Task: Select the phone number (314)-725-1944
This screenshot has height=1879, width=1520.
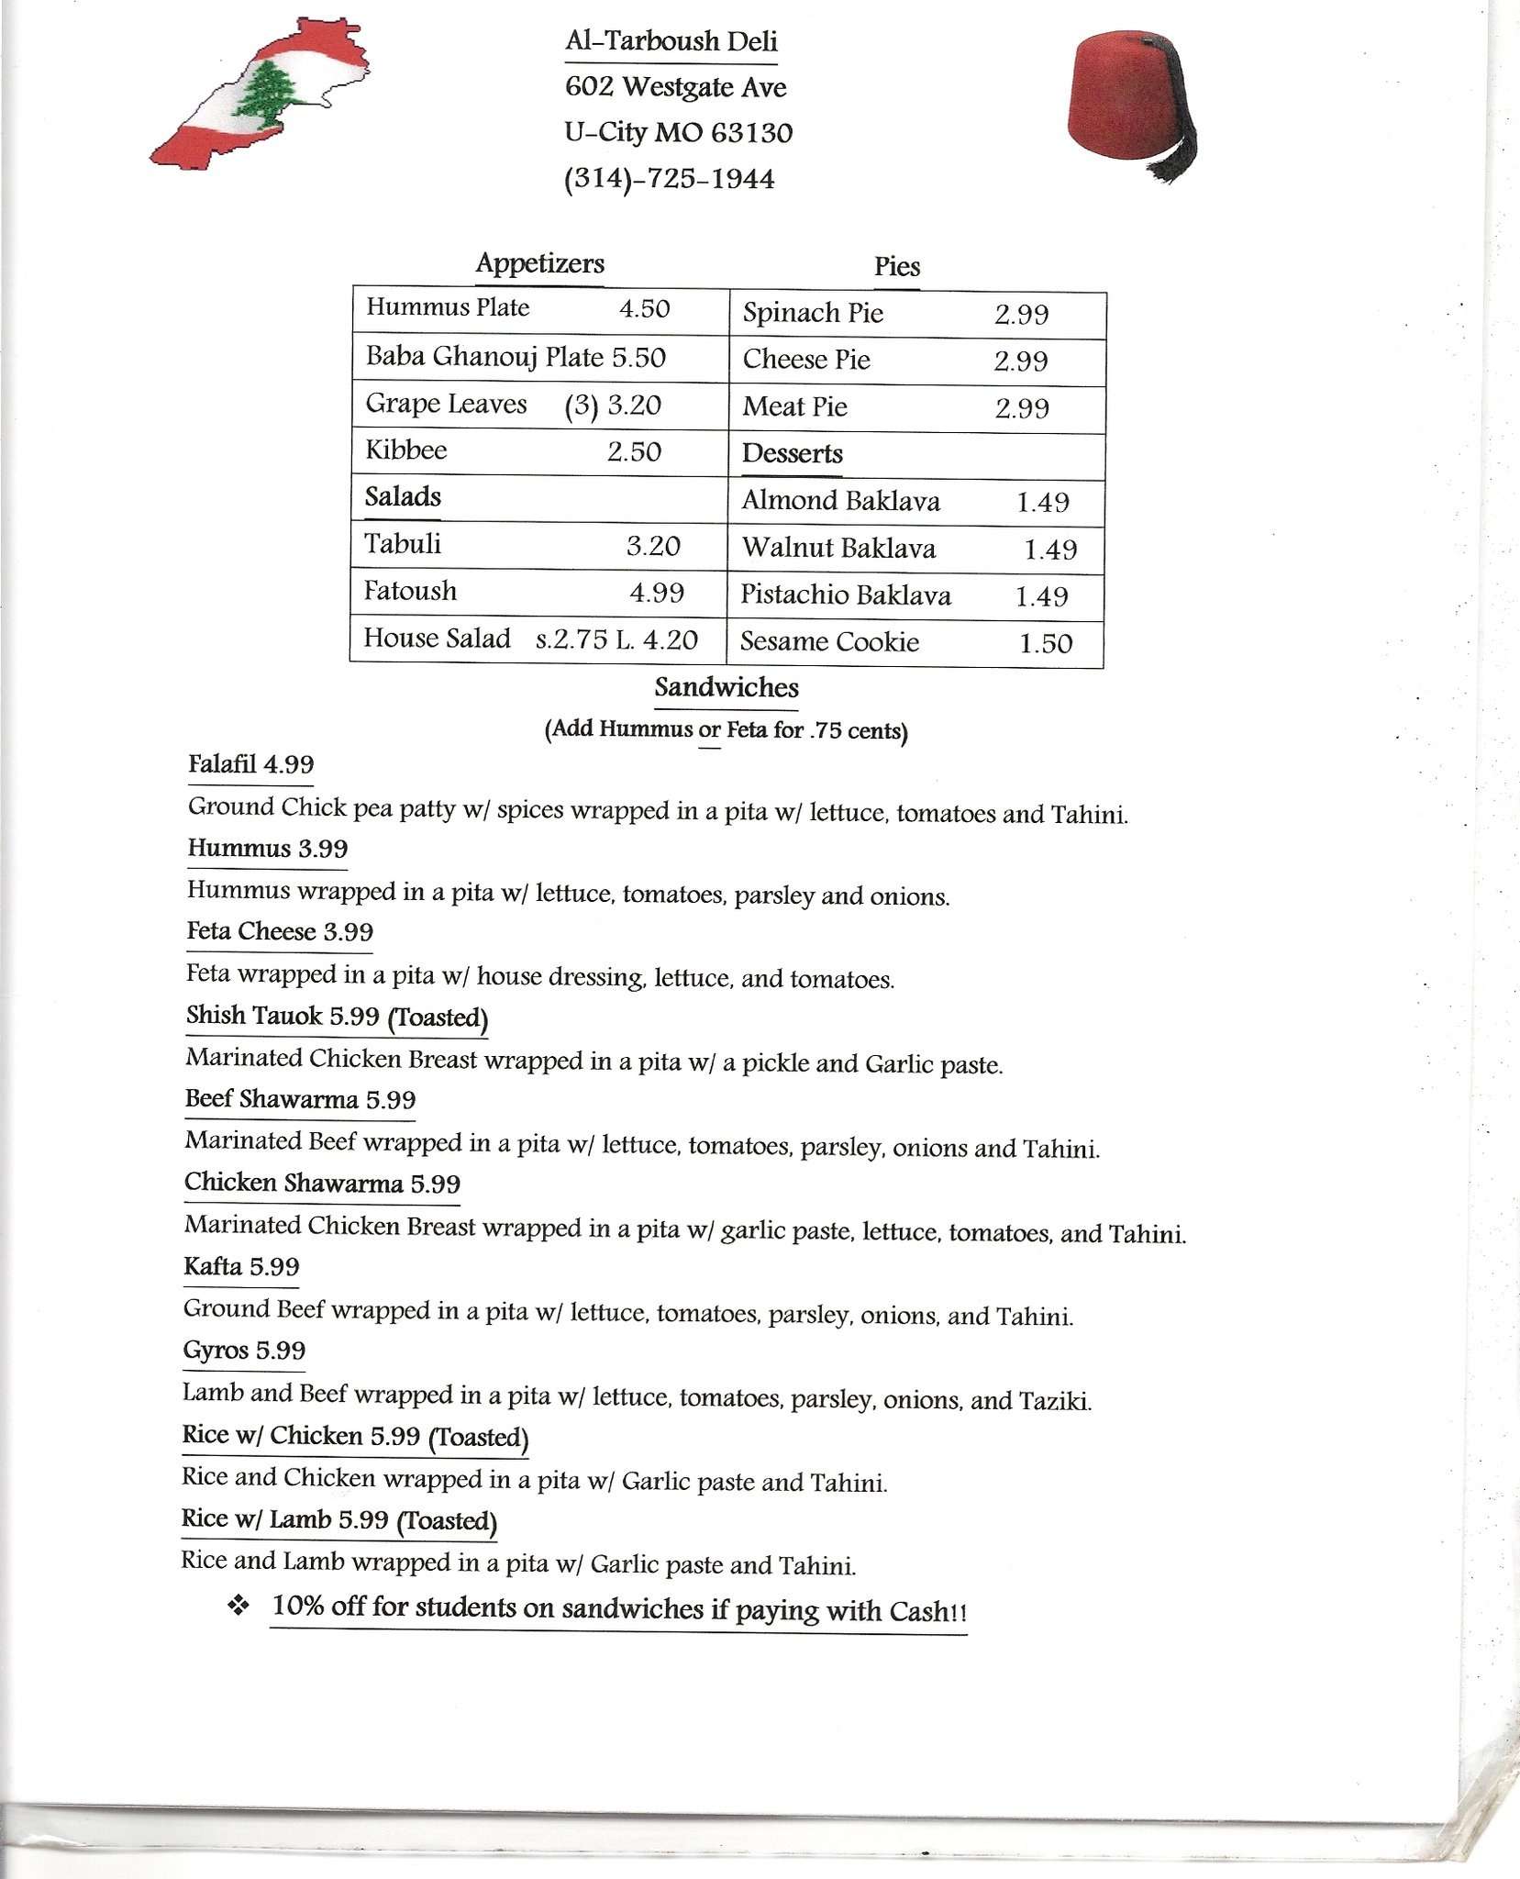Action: click(669, 178)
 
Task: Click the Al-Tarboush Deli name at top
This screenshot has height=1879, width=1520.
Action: click(671, 41)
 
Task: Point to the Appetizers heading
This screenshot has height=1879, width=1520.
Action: click(539, 264)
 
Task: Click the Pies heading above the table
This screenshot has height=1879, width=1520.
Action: click(896, 267)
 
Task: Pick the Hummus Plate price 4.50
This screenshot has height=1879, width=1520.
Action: click(644, 309)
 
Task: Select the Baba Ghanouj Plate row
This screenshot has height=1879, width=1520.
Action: click(515, 357)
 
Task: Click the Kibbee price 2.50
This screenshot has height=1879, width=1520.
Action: click(634, 452)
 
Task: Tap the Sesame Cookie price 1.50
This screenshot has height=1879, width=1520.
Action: click(1046, 643)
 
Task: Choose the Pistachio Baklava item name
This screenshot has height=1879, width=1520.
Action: click(845, 596)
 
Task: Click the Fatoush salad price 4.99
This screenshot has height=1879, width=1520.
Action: click(656, 593)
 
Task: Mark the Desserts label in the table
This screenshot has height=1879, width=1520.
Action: click(792, 454)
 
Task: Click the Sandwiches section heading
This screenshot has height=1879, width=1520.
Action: click(726, 688)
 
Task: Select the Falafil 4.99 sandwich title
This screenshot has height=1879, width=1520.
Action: click(250, 765)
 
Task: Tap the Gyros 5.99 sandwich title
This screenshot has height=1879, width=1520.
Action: click(244, 1351)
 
